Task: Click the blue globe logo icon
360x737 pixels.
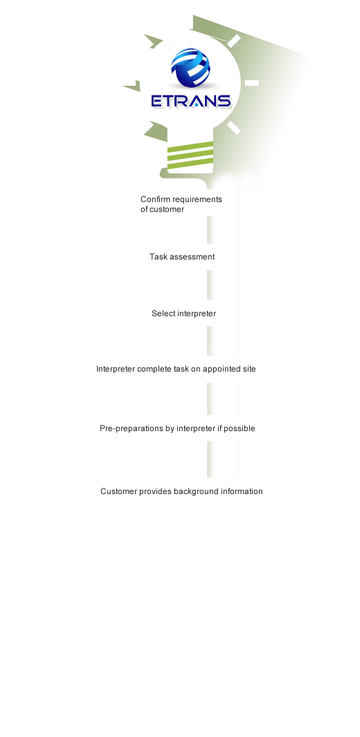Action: tap(191, 69)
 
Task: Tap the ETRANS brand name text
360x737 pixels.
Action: tap(191, 101)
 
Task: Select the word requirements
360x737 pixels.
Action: tap(197, 200)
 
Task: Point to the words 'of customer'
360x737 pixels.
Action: tap(162, 210)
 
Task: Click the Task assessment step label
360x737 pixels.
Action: tap(182, 257)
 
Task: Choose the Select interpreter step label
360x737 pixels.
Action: tap(183, 313)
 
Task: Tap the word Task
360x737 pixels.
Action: tap(158, 257)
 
